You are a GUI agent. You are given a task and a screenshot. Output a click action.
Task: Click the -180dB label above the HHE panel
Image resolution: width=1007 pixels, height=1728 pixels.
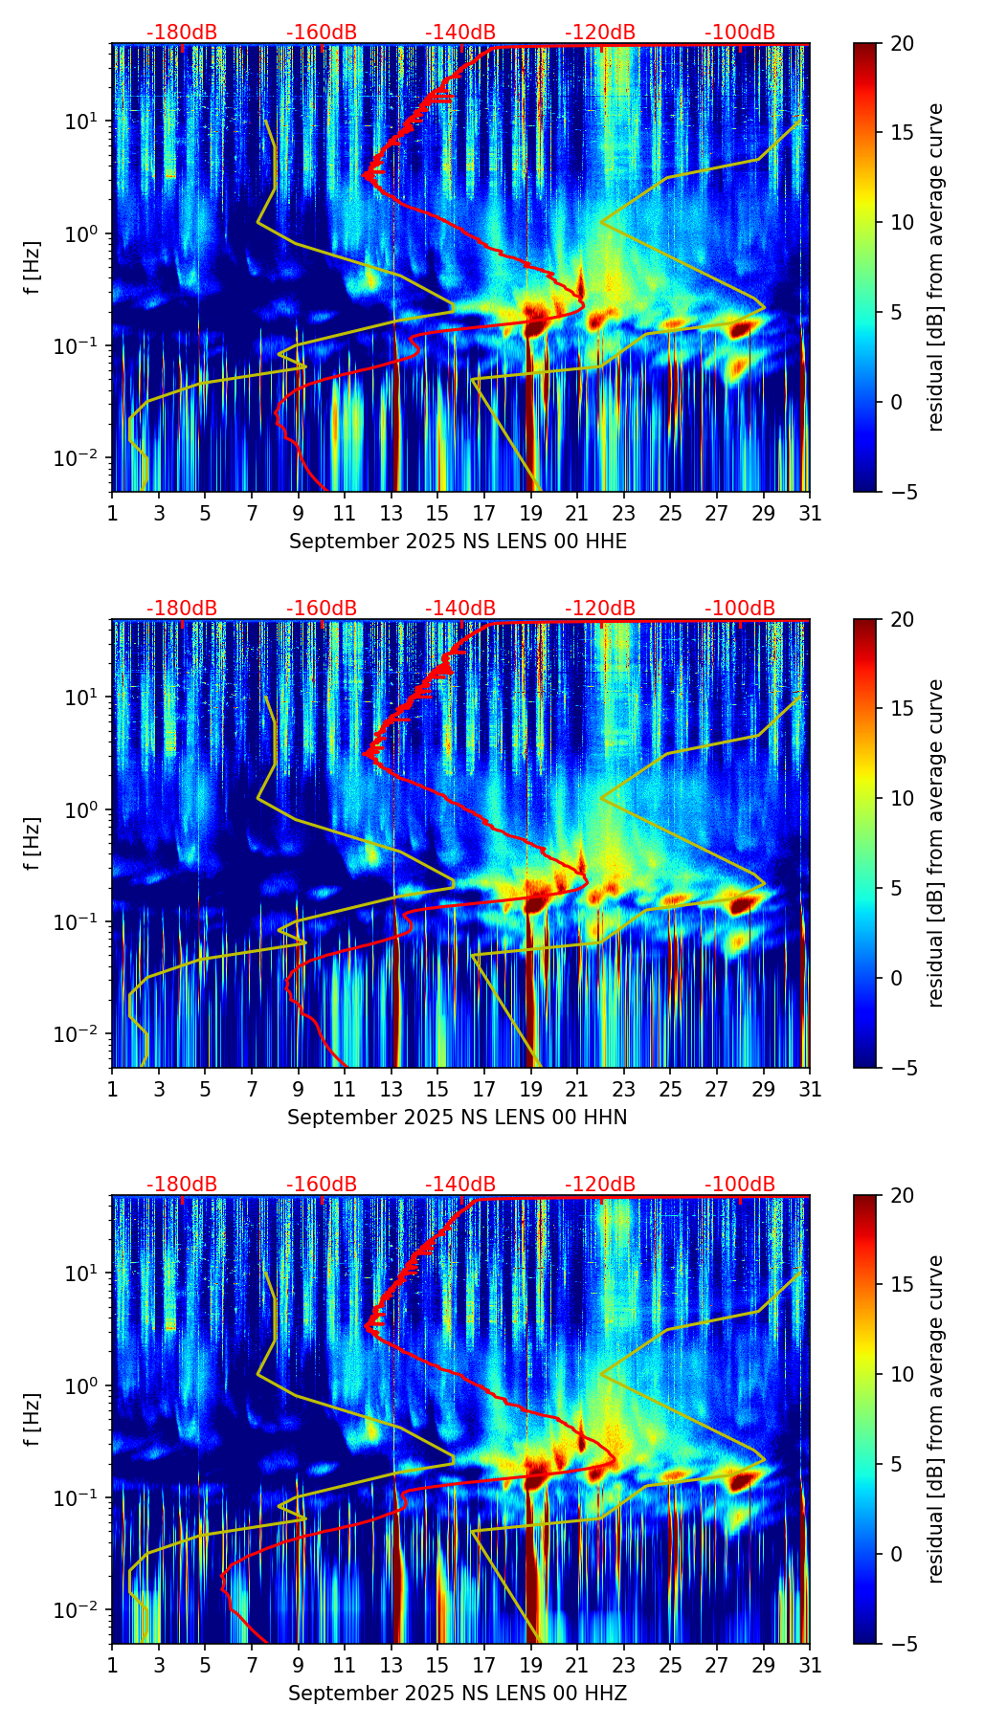click(182, 33)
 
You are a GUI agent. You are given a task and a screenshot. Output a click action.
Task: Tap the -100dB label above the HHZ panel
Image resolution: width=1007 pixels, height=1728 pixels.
click(740, 1185)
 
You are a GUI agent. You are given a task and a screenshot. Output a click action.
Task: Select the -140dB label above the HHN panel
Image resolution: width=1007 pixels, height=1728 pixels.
click(460, 609)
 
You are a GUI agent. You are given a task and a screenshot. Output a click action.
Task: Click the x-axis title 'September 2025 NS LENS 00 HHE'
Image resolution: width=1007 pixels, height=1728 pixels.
click(458, 542)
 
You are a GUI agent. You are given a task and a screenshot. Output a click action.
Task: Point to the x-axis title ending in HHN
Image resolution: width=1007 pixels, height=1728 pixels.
click(458, 1118)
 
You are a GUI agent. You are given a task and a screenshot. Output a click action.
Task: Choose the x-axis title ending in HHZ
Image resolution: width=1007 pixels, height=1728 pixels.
click(458, 1694)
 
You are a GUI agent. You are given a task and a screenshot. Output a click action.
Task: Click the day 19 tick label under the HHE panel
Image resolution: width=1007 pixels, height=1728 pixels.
click(531, 514)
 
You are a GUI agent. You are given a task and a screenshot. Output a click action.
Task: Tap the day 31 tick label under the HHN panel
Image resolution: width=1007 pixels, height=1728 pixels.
click(810, 1090)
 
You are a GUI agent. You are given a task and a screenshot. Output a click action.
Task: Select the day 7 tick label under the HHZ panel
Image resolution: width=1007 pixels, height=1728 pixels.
click(252, 1666)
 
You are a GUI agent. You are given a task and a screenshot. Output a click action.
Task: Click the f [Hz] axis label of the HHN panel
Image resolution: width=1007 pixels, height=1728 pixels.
click(34, 843)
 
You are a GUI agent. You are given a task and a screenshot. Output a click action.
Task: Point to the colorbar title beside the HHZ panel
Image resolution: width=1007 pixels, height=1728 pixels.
click(936, 1419)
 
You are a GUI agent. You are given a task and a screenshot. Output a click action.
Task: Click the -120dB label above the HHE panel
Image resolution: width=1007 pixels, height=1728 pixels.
click(600, 33)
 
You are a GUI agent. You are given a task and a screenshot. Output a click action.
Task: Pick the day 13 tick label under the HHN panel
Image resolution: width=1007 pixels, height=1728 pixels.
click(392, 1090)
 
